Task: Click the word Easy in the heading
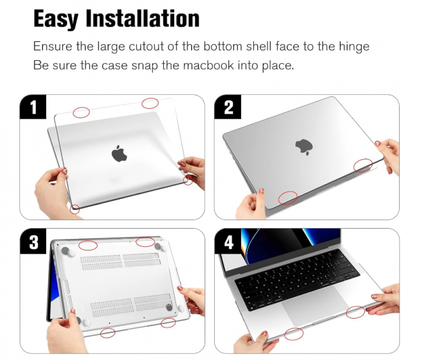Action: pos(56,18)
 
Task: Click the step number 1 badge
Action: pos(33,108)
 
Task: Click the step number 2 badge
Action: pos(228,108)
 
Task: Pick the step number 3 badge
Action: pos(33,243)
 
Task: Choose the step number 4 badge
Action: pos(228,243)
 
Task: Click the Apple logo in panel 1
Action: pos(119,153)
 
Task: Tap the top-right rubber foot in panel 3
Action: pos(161,246)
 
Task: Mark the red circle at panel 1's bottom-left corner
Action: pos(75,209)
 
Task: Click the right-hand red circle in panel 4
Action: pos(356,312)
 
